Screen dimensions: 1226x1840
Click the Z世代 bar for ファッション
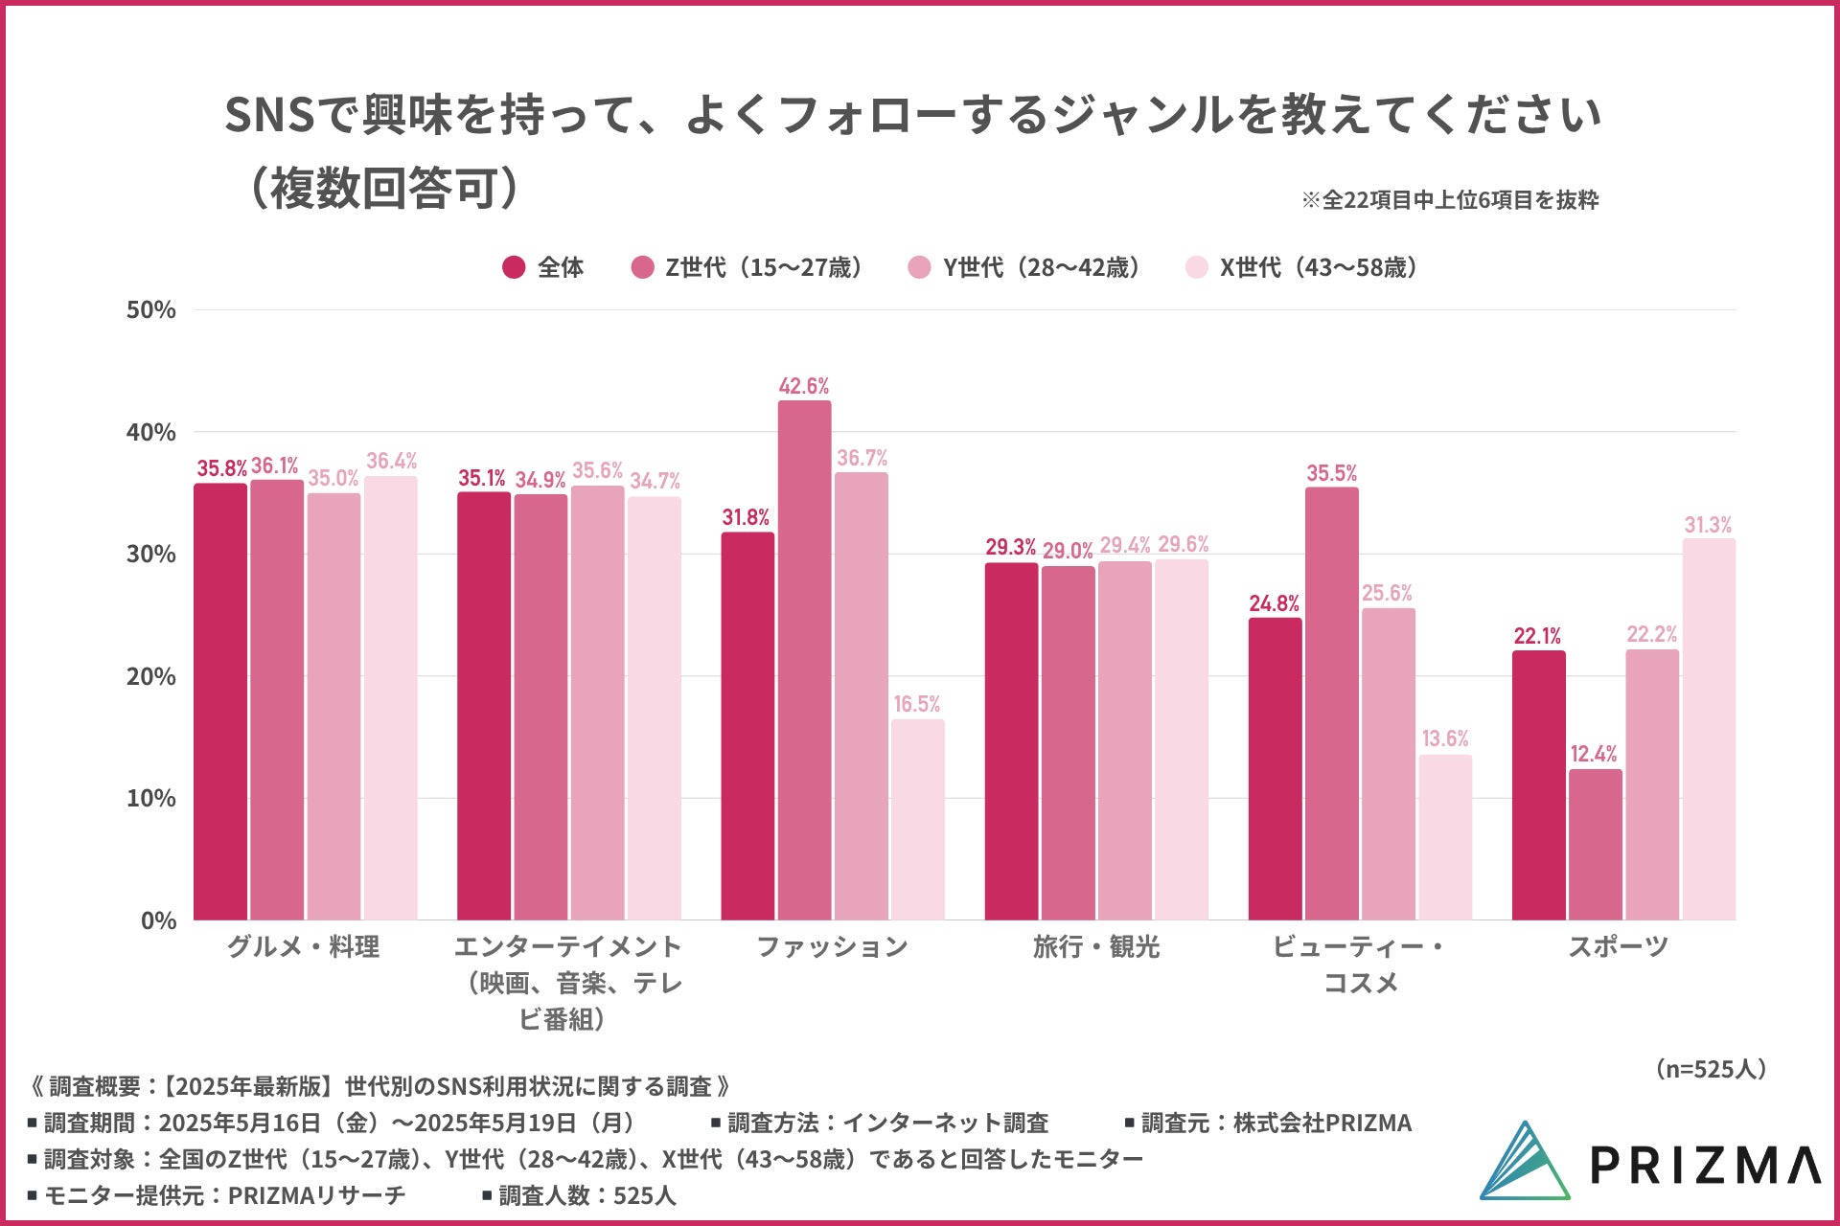(804, 661)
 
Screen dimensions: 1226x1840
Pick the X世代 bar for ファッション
(917, 820)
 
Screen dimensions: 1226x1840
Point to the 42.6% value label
(803, 386)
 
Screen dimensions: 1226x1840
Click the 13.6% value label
(1445, 738)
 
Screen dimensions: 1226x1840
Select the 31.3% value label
(1708, 525)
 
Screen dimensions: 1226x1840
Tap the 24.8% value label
(1274, 603)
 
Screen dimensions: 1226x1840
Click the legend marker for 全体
(514, 267)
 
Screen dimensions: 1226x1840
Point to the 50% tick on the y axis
(151, 309)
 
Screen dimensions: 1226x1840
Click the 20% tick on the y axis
(151, 676)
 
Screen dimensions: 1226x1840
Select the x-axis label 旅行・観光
(1096, 947)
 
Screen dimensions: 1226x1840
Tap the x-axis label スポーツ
(1618, 947)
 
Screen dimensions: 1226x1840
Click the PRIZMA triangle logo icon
(1524, 1162)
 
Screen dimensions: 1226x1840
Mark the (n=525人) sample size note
(1711, 1069)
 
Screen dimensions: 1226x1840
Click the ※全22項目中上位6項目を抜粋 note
(1449, 200)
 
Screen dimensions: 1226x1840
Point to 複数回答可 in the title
(383, 189)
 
